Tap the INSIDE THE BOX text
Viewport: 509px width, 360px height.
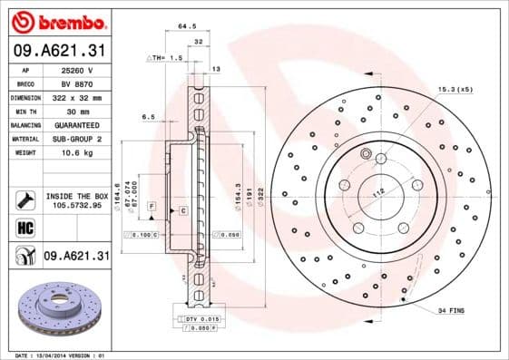[76, 196]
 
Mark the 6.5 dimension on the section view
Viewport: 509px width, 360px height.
[149, 117]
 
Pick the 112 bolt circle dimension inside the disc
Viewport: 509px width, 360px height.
[379, 190]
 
